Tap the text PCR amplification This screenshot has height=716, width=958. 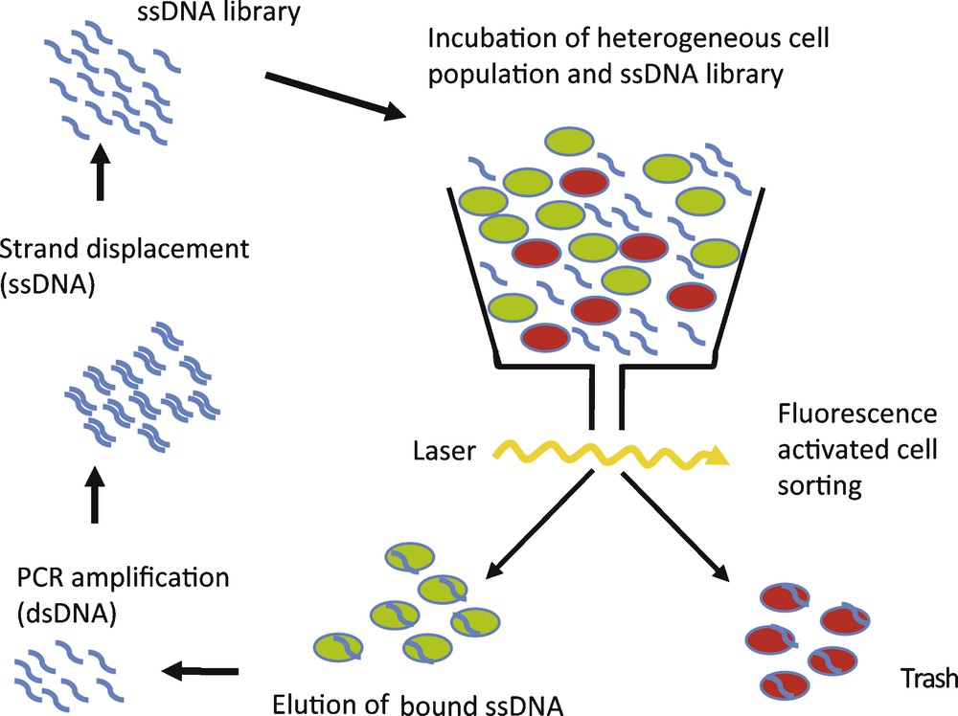pos(124,579)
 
